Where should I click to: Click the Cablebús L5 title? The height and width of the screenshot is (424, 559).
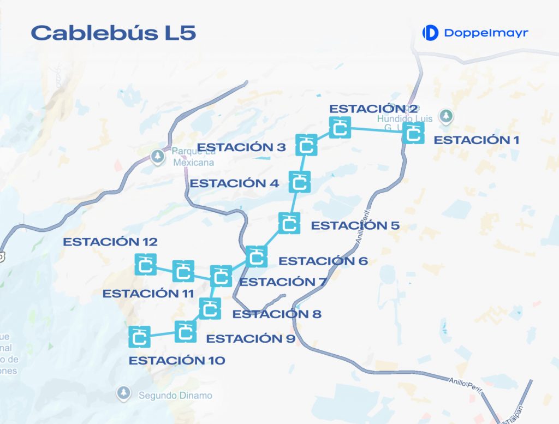coord(114,33)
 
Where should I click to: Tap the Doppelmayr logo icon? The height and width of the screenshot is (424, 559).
coord(431,33)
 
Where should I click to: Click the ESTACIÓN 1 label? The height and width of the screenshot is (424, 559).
coord(476,140)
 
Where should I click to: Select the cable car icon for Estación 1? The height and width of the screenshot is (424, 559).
coord(413,133)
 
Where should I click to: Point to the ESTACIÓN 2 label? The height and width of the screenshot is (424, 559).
coord(374,109)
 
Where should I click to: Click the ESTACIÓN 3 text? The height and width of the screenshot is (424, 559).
coord(241,147)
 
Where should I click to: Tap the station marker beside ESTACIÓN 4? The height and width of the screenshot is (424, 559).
coord(299,182)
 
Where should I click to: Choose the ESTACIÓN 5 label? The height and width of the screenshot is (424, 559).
coord(355,225)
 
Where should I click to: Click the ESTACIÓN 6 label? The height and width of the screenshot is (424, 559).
coord(323,261)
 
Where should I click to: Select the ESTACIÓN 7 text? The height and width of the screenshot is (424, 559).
coord(283,282)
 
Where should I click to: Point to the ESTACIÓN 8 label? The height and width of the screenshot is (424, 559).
coord(277,314)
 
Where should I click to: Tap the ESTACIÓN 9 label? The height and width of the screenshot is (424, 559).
coord(251,339)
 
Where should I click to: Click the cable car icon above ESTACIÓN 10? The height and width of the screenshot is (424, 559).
coord(139,336)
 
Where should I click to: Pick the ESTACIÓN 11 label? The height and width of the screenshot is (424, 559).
coord(148,294)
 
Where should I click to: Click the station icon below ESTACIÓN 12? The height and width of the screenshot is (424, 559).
coord(146,264)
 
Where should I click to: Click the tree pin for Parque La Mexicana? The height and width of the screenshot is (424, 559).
coord(158,156)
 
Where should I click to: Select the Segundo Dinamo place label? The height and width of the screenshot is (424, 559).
coord(175,396)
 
